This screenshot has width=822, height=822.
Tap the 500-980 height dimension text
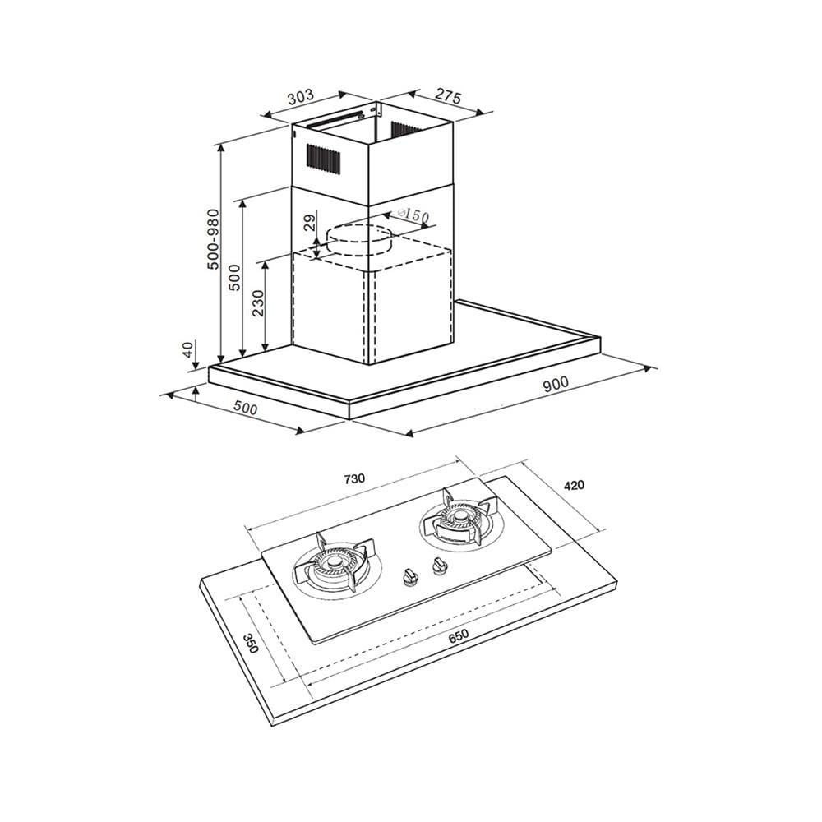(213, 239)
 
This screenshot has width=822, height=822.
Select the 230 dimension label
(258, 303)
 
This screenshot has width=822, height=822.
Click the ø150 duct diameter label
(413, 215)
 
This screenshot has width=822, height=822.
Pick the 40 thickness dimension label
(188, 349)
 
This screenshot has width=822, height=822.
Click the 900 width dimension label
(556, 384)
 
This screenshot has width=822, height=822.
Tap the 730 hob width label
(354, 478)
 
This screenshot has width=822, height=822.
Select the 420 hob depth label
(574, 486)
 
